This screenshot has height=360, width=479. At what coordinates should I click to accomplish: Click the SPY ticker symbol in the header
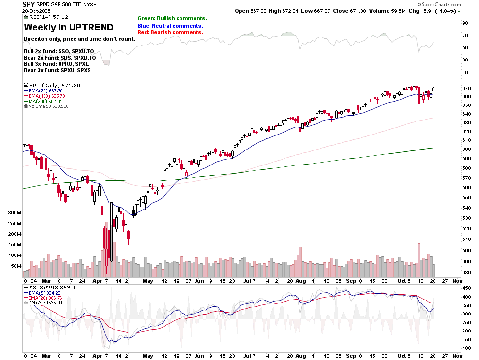(30, 4)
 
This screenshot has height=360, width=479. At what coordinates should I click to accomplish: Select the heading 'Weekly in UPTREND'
(69, 27)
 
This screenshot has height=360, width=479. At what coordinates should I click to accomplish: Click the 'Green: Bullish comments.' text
(172, 18)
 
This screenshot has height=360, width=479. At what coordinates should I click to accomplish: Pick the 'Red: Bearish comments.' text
(170, 32)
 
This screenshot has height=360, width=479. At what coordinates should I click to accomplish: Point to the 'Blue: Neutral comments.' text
(170, 26)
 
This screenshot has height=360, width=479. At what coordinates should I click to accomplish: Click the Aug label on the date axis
(300, 281)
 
